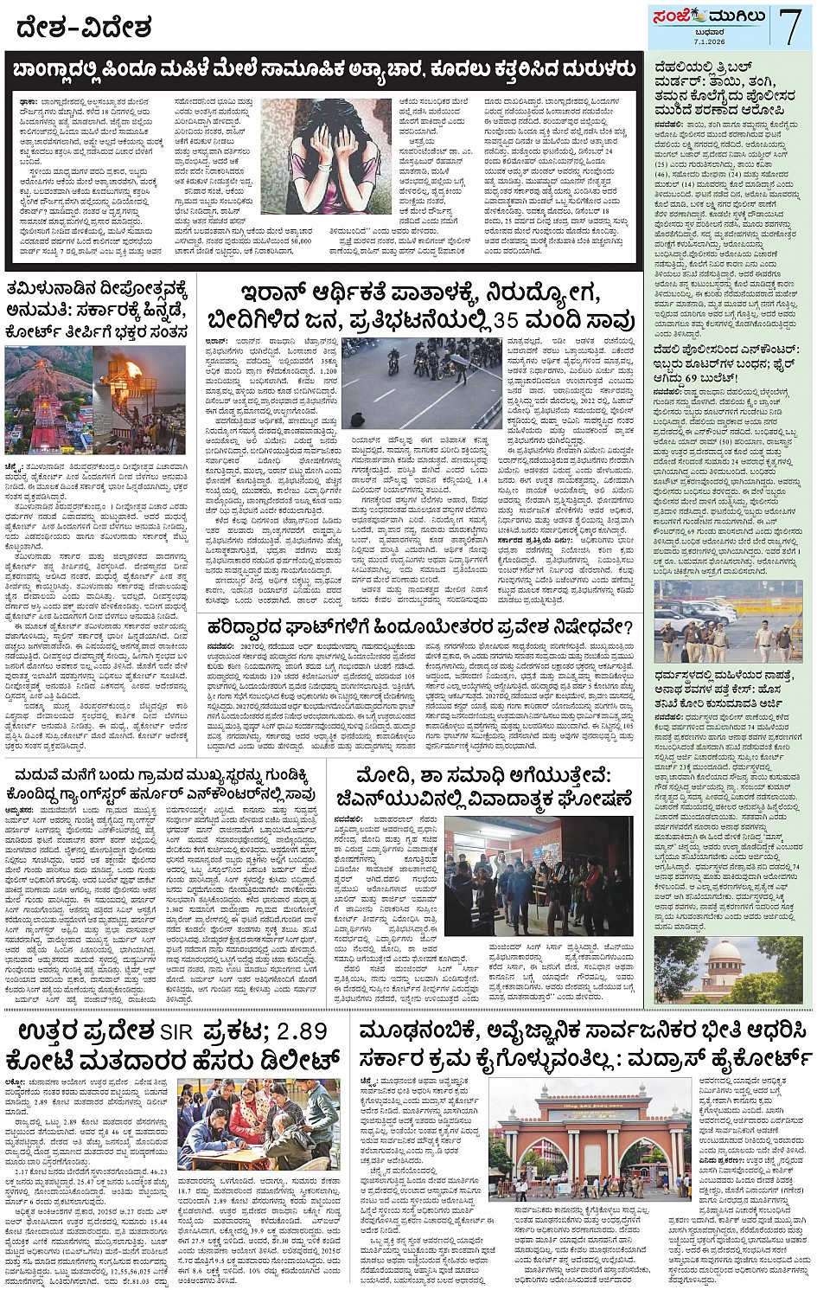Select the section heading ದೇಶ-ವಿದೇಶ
coord(84,28)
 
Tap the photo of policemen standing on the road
coord(728,620)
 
